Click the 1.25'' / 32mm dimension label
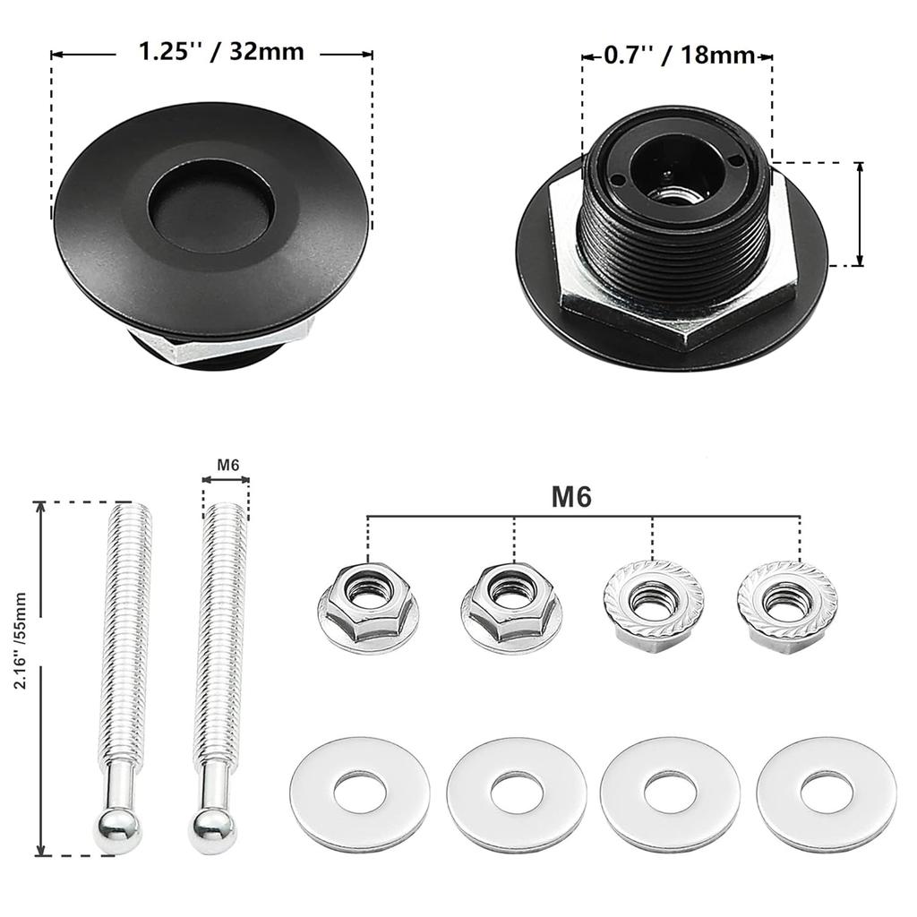coord(220,52)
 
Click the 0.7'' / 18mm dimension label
coord(679,56)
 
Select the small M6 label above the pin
coord(227,464)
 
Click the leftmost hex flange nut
coord(368,605)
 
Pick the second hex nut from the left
coord(510,605)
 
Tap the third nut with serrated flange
coord(654,604)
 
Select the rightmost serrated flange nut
coord(787,605)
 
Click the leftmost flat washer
coord(360,793)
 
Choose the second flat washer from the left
coord(517,793)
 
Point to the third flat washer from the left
coord(670,793)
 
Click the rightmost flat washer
coord(826,793)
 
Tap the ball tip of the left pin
coord(117,831)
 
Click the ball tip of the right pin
coord(212,831)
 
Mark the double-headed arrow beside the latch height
coord(859,214)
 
